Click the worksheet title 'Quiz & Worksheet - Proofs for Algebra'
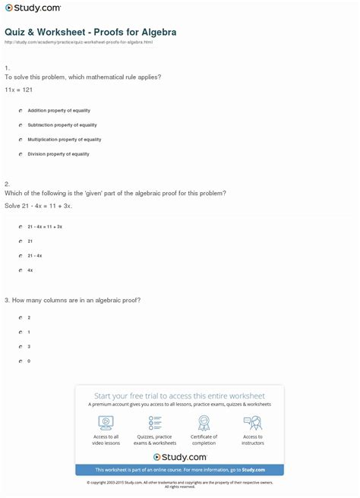click(x=90, y=33)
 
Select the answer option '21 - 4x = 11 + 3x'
click(x=44, y=226)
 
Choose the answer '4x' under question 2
click(x=30, y=270)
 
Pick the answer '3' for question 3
click(x=29, y=346)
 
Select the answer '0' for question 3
click(x=29, y=361)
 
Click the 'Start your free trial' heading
click(x=179, y=396)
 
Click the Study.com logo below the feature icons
click(x=180, y=457)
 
